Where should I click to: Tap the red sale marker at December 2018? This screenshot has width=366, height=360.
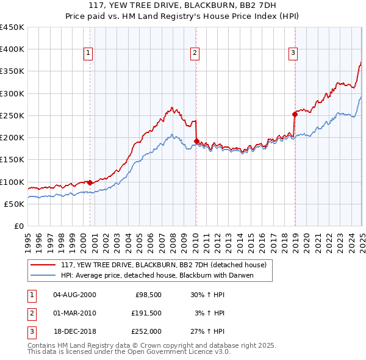pyautogui.click(x=295, y=113)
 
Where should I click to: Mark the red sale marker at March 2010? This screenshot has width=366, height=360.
pyautogui.click(x=196, y=141)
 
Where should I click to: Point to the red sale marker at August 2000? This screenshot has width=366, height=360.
pyautogui.click(x=90, y=182)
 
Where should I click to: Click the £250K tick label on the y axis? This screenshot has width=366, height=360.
pyautogui.click(x=12, y=115)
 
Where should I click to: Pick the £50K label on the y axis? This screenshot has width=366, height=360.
pyautogui.click(x=14, y=204)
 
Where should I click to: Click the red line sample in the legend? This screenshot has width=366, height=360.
pyautogui.click(x=43, y=265)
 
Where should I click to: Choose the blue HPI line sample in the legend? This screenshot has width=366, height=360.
pyautogui.click(x=43, y=275)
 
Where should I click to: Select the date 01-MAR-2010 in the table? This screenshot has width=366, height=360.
pyautogui.click(x=74, y=313)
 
